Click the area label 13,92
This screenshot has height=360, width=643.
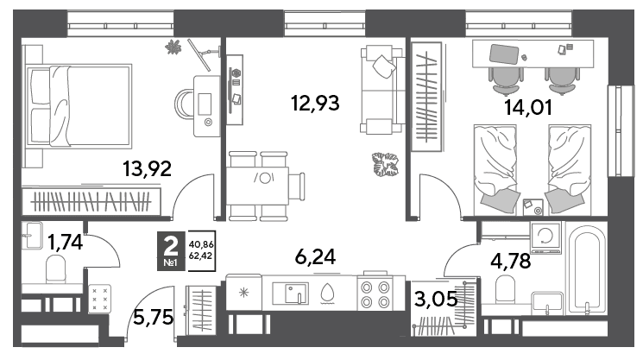148,168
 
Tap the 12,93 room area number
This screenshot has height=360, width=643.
315,103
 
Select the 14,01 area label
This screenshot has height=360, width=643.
528,107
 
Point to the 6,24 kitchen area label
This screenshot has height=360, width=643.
315,257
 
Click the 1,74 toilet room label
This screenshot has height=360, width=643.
66,242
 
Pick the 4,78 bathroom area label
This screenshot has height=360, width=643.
511,261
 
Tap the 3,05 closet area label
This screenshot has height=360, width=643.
436,299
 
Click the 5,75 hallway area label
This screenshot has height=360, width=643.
154,317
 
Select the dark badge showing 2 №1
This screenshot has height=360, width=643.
171,251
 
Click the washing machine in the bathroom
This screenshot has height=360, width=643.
545,237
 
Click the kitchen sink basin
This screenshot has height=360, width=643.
297,293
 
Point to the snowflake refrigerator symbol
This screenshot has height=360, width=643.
244,293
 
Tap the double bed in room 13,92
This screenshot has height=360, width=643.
79,106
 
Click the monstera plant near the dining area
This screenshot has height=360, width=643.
385,164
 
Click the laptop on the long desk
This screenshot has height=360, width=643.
504,54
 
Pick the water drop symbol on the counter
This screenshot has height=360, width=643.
327,294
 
